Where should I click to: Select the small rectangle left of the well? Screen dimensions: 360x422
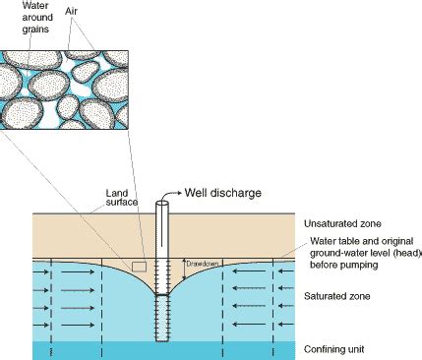(x=139, y=267)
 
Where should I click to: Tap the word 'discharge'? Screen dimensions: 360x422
(x=239, y=193)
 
